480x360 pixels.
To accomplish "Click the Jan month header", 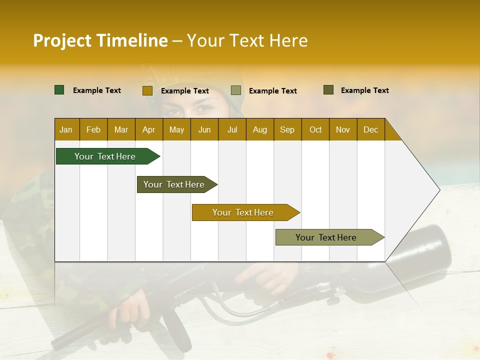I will [x=66, y=129].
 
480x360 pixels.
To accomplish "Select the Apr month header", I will [x=148, y=129].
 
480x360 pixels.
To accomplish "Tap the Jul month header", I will [x=232, y=129].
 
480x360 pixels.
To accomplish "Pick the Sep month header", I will [x=287, y=129].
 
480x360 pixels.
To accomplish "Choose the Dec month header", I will [x=370, y=129].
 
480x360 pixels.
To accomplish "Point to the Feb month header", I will [x=93, y=129].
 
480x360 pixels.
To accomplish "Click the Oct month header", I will [x=315, y=129].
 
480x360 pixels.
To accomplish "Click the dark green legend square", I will [x=59, y=90].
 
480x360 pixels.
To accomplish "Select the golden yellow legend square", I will [x=147, y=90].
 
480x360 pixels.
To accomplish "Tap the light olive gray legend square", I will [x=236, y=90].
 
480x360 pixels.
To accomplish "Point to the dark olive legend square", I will [x=328, y=90].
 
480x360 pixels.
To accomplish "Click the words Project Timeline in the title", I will [x=100, y=40].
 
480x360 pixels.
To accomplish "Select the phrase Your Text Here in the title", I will [x=247, y=40].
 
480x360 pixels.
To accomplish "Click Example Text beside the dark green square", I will [x=97, y=90].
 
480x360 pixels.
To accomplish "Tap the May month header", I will [x=176, y=129].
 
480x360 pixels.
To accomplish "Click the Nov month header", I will [x=343, y=129].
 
